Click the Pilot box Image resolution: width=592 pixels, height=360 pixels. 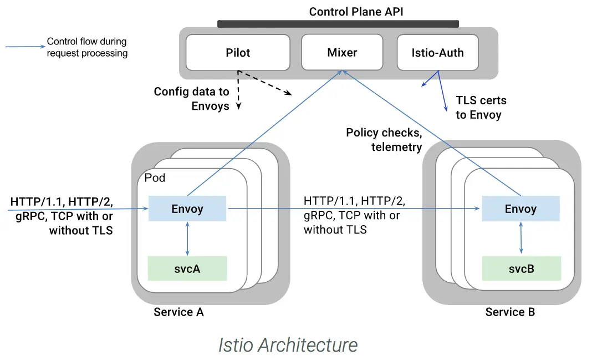pyautogui.click(x=238, y=53)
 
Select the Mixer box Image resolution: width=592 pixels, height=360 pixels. pyautogui.click(x=342, y=53)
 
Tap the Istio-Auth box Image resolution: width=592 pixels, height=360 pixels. pyautogui.click(x=437, y=53)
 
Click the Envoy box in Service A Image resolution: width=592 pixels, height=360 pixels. pyautogui.click(x=187, y=209)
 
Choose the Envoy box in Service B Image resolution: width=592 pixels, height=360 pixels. pyautogui.click(x=520, y=209)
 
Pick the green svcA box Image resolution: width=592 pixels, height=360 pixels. pyautogui.click(x=187, y=268)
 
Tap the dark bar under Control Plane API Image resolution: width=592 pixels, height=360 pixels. pyautogui.click(x=338, y=24)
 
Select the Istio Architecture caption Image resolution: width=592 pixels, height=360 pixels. pyautogui.click(x=288, y=344)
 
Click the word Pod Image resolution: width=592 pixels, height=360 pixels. pyautogui.click(x=155, y=178)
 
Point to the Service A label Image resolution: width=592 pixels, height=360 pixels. pyautogui.click(x=178, y=312)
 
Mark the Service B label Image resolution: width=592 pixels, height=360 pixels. pyautogui.click(x=510, y=312)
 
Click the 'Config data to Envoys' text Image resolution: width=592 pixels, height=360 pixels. pyautogui.click(x=192, y=99)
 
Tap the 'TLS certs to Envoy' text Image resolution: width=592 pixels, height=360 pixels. pyautogui.click(x=481, y=108)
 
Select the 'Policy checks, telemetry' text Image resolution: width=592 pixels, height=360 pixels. pyautogui.click(x=384, y=140)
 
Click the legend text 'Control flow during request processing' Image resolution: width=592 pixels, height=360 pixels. pyautogui.click(x=87, y=47)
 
